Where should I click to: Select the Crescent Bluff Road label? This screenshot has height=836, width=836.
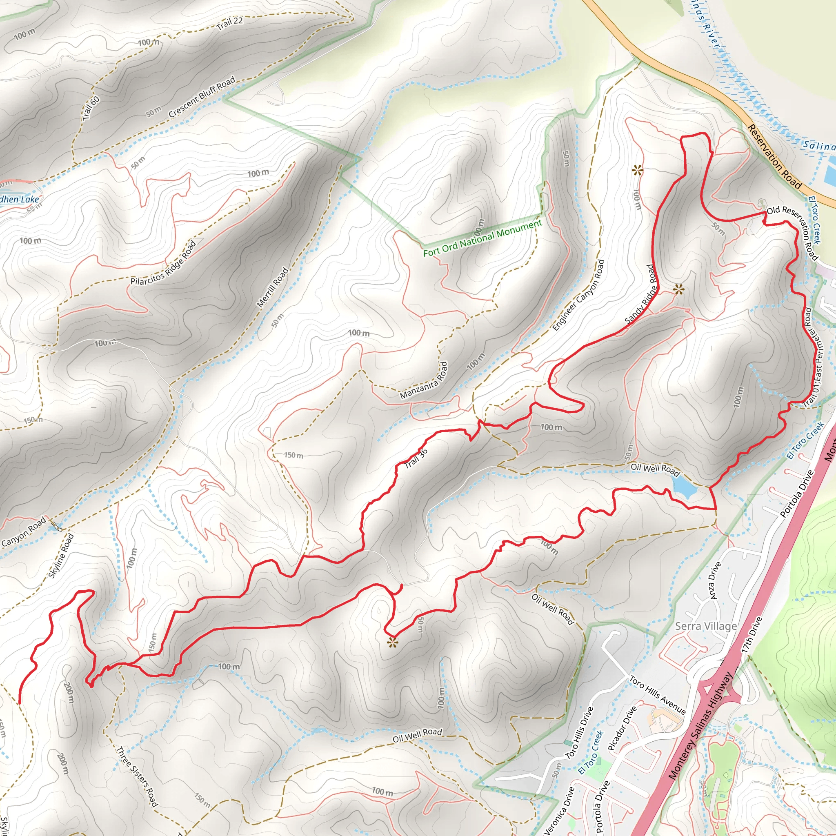(202, 96)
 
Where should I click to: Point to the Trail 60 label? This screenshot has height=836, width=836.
(91, 108)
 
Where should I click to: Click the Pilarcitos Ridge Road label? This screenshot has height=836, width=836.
(164, 262)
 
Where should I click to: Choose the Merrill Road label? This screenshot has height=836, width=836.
(273, 287)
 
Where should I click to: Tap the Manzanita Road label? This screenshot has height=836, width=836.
(424, 380)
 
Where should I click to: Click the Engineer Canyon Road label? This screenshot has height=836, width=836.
(578, 295)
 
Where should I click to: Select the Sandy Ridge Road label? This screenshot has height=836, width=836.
(641, 295)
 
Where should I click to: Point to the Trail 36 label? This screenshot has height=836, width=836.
(416, 458)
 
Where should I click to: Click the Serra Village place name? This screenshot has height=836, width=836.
(706, 626)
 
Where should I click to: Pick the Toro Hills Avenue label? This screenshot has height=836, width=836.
(657, 695)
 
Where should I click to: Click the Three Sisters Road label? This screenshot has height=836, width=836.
(137, 776)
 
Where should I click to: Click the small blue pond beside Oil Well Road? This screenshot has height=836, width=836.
(683, 488)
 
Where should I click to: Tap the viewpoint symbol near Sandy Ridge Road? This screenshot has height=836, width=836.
(678, 289)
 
